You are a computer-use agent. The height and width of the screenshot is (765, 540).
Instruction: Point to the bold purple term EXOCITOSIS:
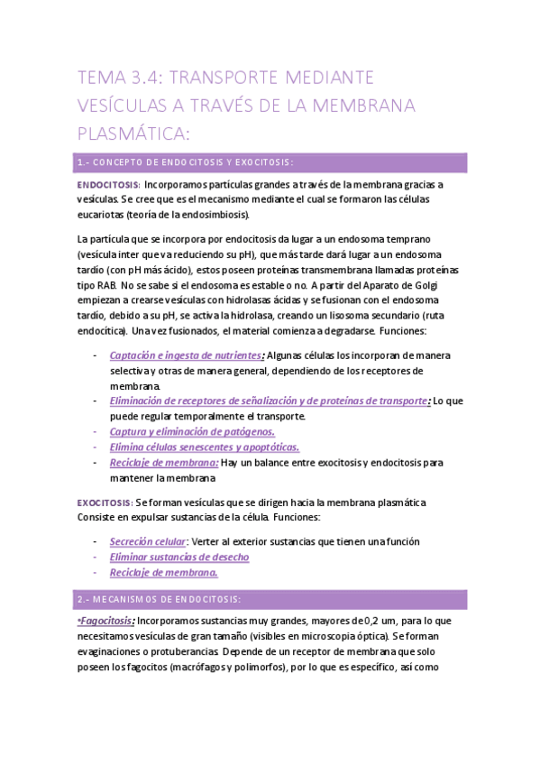click(x=105, y=502)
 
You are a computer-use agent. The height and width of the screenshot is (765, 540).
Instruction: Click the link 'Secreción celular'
click(x=147, y=541)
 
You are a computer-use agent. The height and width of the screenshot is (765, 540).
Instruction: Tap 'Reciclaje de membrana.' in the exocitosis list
click(x=163, y=572)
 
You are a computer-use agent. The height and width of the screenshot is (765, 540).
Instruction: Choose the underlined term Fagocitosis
click(x=106, y=622)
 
